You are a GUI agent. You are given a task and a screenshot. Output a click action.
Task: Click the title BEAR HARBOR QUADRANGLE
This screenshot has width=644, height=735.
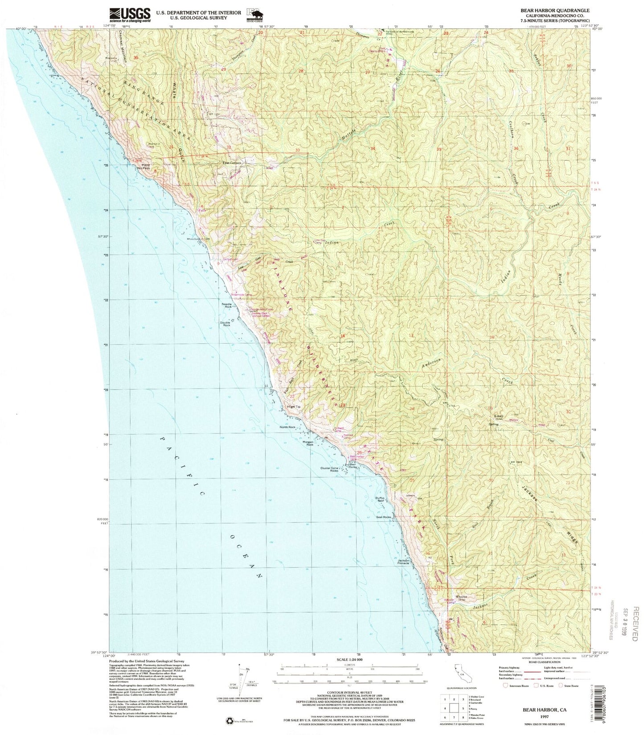pyautogui.click(x=553, y=10)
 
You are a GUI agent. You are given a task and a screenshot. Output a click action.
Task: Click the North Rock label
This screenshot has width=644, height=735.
pyautogui.click(x=287, y=427)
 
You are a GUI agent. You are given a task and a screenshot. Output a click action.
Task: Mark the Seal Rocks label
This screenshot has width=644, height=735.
pyautogui.click(x=384, y=517)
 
